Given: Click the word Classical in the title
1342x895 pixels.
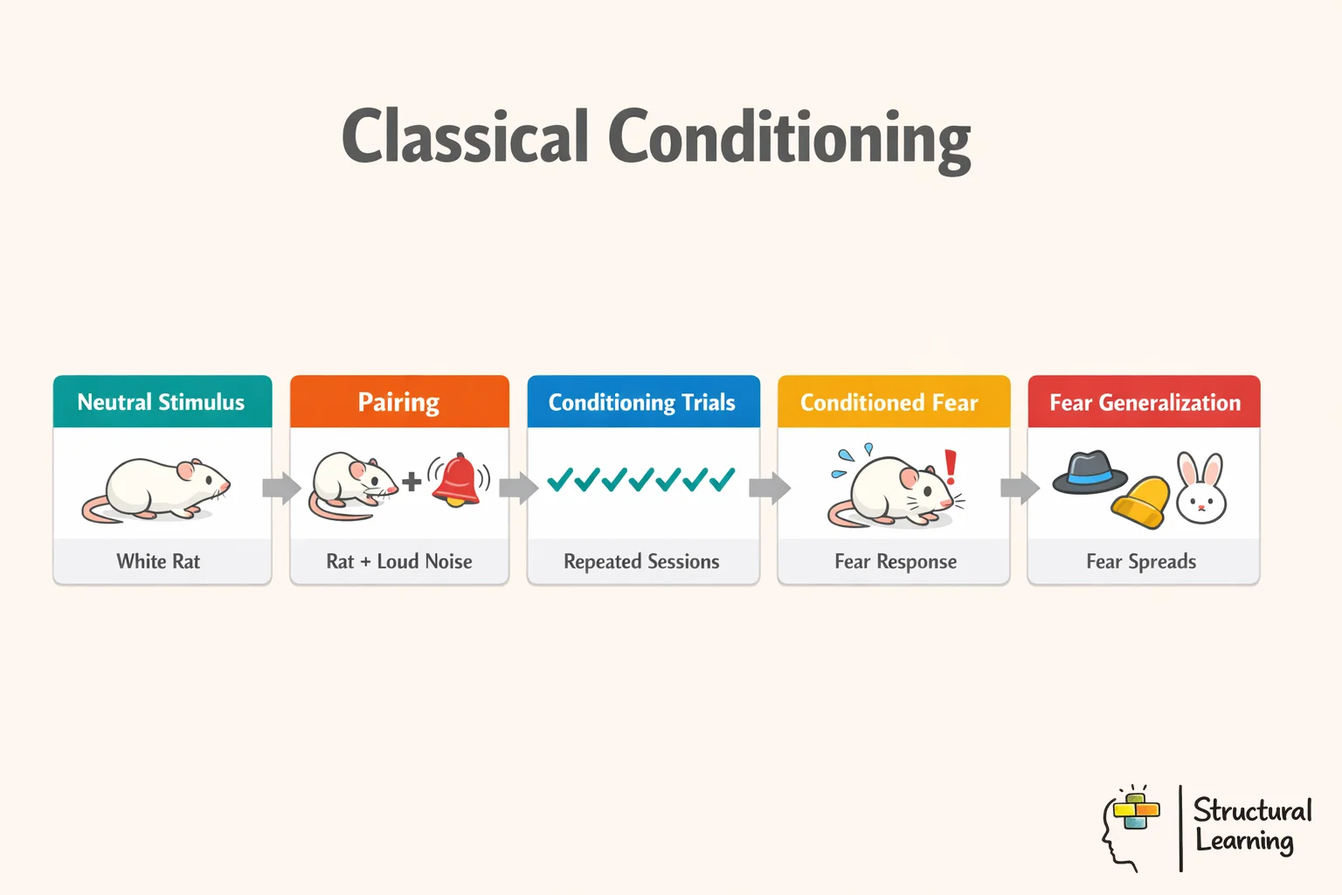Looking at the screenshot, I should tap(465, 136).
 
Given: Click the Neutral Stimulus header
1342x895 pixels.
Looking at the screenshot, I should tap(162, 402).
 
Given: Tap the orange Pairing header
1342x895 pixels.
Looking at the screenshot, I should tap(398, 402).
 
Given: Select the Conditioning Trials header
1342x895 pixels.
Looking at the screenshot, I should tap(642, 402).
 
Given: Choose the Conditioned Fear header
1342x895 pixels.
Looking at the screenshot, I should tap(889, 402).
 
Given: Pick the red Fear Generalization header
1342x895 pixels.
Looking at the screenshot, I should tap(1145, 402).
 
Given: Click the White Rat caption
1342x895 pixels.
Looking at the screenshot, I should tap(158, 561).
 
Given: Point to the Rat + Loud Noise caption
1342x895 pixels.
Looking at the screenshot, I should tap(399, 561).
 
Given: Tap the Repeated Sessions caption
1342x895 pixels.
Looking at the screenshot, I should tap(642, 561).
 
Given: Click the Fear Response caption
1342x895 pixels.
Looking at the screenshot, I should tap(896, 561).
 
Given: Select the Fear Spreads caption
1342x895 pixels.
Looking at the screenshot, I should tap(1141, 561).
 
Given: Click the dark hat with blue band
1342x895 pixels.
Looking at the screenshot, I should tap(1090, 473).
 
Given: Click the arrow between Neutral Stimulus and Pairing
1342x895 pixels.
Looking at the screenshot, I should tap(281, 488).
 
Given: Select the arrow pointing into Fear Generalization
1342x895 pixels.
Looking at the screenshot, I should tap(1020, 488).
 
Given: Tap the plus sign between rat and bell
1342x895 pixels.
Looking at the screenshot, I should tap(412, 481).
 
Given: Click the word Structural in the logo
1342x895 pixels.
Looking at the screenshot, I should tap(1252, 810).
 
